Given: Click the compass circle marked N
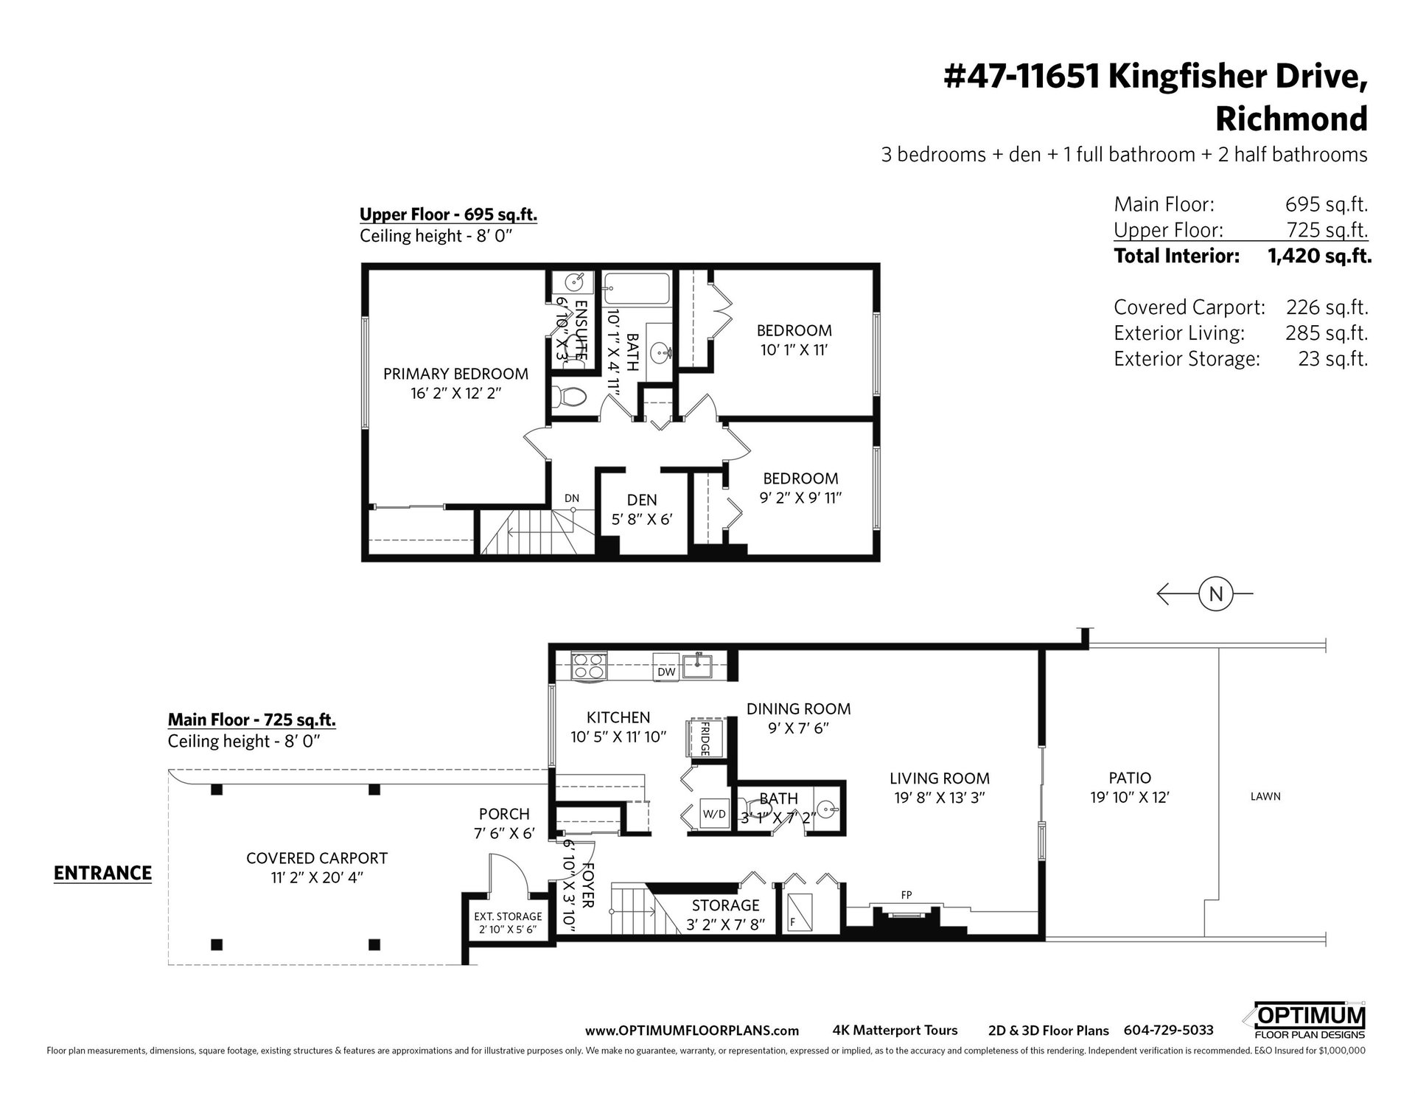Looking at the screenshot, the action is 1215,593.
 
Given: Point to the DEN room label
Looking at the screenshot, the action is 642,500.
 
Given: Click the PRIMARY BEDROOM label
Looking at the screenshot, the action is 455,374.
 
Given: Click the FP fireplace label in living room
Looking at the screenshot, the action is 906,894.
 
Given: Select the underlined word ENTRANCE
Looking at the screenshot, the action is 102,873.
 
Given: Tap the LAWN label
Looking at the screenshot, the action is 1265,796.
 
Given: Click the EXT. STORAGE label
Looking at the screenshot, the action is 508,916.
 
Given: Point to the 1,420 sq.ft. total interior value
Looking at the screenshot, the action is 1319,256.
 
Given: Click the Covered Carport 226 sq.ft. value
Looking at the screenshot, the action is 1327,307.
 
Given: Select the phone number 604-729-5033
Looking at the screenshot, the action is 1168,1031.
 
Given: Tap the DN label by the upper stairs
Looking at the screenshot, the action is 572,498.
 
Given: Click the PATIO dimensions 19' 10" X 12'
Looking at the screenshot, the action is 1130,797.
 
